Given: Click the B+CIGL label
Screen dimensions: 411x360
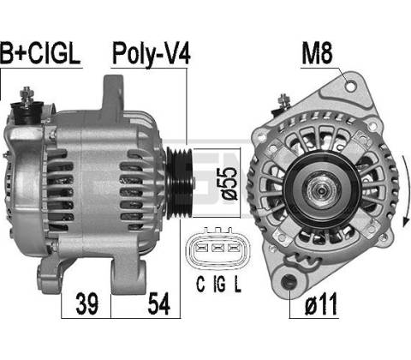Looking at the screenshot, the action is point(40,53).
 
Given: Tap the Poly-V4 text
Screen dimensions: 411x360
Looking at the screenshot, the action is point(151,54).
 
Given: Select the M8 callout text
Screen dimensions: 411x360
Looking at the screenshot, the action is point(317,53).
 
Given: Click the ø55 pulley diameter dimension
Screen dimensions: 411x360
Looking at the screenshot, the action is point(229,183).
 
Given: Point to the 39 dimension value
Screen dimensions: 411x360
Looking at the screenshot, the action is point(86,303).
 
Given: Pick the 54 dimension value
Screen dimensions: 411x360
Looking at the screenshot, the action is point(159,303).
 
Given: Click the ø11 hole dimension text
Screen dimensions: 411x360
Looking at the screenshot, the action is point(321,304).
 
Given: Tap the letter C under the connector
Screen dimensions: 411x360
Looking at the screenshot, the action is point(200,284).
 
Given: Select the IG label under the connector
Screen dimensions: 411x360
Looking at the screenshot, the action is point(219,284).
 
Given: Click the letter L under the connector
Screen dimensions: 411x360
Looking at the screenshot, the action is point(237,284).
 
